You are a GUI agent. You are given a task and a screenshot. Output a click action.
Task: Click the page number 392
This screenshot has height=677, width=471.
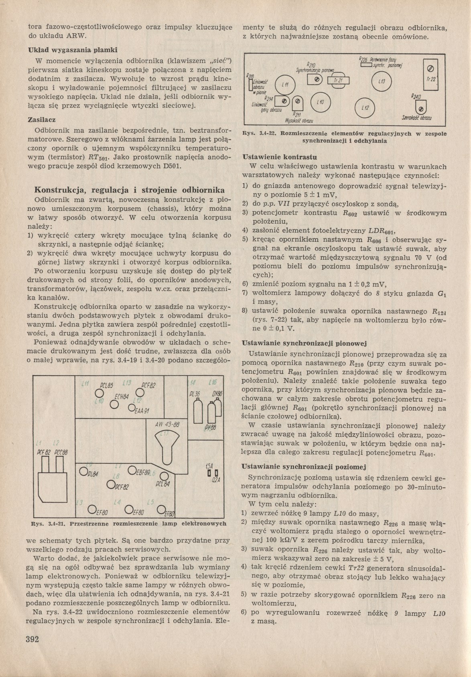click(31, 639)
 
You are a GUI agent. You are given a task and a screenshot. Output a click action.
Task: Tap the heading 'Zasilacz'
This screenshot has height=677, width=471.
click(41, 120)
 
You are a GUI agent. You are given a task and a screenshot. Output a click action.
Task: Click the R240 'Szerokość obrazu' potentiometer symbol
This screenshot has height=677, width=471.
click(421, 107)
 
